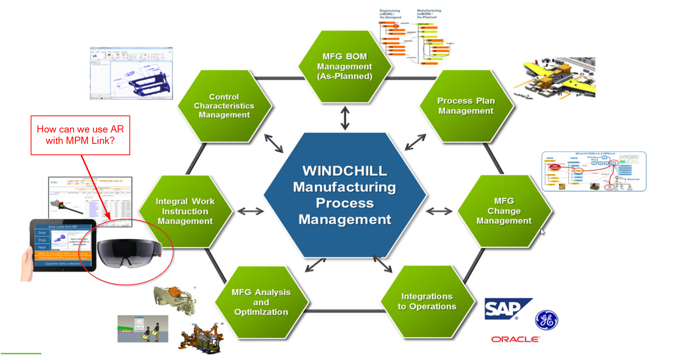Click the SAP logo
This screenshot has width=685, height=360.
(x=506, y=309)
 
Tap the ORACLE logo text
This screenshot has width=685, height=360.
(x=515, y=339)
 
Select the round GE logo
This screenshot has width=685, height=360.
(x=546, y=320)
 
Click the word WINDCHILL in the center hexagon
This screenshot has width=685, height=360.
(x=345, y=171)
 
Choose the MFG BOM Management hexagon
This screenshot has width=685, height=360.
(x=345, y=66)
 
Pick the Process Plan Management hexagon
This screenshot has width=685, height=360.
(x=466, y=106)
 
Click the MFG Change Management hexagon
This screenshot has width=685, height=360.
(x=504, y=211)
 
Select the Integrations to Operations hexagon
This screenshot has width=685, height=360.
(x=427, y=301)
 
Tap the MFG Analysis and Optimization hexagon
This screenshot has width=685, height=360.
(x=261, y=302)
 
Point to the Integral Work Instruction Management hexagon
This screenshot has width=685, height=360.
(x=185, y=211)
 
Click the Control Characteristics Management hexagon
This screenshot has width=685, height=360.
(x=224, y=106)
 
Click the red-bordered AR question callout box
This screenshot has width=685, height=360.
(x=80, y=135)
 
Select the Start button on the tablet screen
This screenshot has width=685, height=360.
(x=42, y=233)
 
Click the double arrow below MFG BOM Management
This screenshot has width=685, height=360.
(x=345, y=118)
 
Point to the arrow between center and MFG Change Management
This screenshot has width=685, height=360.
(x=439, y=211)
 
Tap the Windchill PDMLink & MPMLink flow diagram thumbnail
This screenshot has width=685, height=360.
(x=594, y=171)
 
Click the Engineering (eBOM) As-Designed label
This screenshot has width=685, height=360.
(x=390, y=14)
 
